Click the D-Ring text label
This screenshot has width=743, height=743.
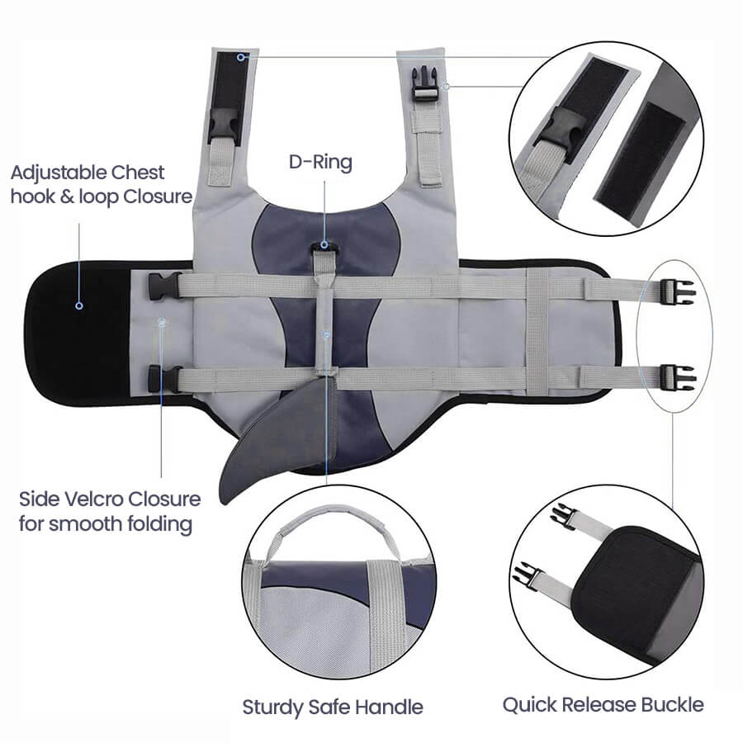coord(320,163)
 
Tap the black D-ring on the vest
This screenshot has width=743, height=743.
coord(324,246)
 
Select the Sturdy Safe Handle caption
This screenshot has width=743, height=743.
coord(332,707)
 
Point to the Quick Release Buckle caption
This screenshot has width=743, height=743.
coord(603,704)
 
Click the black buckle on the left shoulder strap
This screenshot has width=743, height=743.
coord(223,125)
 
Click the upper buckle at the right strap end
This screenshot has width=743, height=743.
coord(677,290)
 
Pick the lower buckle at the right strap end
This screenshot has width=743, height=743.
coord(677,378)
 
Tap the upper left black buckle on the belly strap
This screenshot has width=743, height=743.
coord(165,286)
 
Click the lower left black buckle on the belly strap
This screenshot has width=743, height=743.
coord(165,379)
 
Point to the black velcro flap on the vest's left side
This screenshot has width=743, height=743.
coord(78,330)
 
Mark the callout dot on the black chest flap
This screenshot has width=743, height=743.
coord(79,305)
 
